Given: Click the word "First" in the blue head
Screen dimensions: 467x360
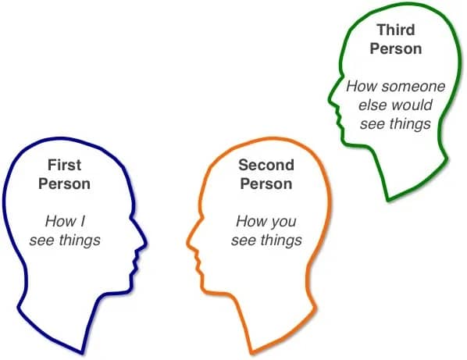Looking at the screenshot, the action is [x=64, y=165].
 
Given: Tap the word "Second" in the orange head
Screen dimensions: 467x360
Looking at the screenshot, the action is [x=266, y=165].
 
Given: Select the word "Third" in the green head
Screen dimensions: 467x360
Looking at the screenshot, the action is [x=396, y=30].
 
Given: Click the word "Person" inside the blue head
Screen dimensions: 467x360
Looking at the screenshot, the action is [x=64, y=184].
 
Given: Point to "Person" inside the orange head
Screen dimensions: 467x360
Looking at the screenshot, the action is [x=266, y=184].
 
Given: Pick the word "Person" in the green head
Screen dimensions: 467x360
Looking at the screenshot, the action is [x=396, y=48].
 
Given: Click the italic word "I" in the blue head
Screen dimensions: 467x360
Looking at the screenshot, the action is [x=83, y=221].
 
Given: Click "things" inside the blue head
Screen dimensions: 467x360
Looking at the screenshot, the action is [x=80, y=241].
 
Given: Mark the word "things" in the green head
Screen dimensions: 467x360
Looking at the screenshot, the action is [x=410, y=124].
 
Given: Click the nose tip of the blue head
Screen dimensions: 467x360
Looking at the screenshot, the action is [x=146, y=244].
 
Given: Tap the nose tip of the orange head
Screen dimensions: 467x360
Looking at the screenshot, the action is [x=187, y=244].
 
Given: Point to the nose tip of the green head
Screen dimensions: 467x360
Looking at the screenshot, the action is [x=330, y=102].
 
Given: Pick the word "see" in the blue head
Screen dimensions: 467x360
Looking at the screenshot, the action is [x=41, y=241].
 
